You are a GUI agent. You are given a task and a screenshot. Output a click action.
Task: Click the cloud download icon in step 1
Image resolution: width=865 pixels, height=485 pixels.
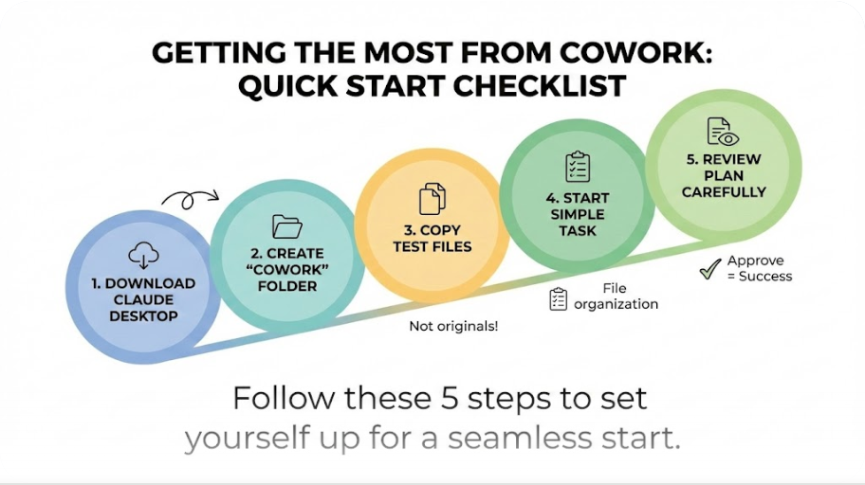pyautogui.click(x=143, y=254)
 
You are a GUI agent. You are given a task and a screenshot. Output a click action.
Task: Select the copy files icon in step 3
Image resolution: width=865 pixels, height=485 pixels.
pyautogui.click(x=432, y=199)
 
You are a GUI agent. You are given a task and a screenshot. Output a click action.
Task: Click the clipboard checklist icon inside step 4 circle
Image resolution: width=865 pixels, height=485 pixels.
pyautogui.click(x=577, y=167)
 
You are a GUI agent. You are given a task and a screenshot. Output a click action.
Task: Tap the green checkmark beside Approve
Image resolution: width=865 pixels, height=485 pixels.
pyautogui.click(x=709, y=269)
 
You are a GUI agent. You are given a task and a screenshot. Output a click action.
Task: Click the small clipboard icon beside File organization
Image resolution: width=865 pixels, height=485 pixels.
pyautogui.click(x=559, y=298)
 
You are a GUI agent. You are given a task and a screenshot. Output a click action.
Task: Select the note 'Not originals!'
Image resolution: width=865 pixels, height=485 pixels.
pyautogui.click(x=453, y=326)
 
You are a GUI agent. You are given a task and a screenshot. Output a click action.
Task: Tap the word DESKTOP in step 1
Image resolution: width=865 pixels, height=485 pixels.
pyautogui.click(x=143, y=316)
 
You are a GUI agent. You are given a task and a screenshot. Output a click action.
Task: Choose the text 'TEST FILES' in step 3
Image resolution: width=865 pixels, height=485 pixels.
pyautogui.click(x=432, y=246)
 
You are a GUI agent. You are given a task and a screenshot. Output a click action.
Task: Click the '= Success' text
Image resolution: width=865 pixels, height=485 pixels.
pyautogui.click(x=760, y=277)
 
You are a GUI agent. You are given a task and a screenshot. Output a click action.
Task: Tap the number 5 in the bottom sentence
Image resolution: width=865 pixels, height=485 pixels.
pyautogui.click(x=459, y=398)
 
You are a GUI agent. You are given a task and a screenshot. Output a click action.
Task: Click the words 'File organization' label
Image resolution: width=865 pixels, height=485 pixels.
pyautogui.click(x=616, y=296)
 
